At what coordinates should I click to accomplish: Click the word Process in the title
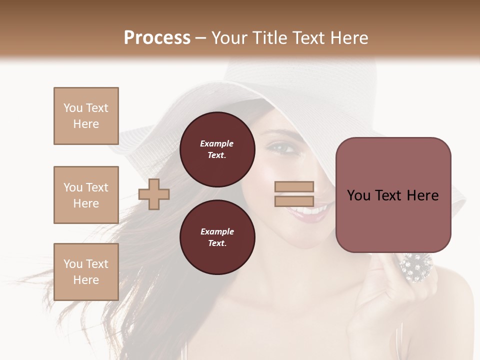(x=157, y=38)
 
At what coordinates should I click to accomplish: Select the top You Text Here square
(x=86, y=116)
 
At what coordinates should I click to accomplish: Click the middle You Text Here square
(x=86, y=195)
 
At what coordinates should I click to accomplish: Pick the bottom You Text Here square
(x=86, y=272)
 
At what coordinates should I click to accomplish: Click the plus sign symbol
(x=154, y=194)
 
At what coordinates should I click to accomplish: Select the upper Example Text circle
(x=217, y=149)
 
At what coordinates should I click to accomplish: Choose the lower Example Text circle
(x=217, y=237)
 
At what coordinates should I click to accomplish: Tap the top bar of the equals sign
(x=294, y=187)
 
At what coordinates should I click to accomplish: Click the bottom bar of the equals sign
(x=294, y=201)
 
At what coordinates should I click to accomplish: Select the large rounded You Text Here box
(x=393, y=195)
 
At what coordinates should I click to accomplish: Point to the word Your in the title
(x=229, y=38)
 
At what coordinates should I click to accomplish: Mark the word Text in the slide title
(x=308, y=38)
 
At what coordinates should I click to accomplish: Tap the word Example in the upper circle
(x=217, y=144)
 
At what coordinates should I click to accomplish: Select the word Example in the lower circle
(x=217, y=232)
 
